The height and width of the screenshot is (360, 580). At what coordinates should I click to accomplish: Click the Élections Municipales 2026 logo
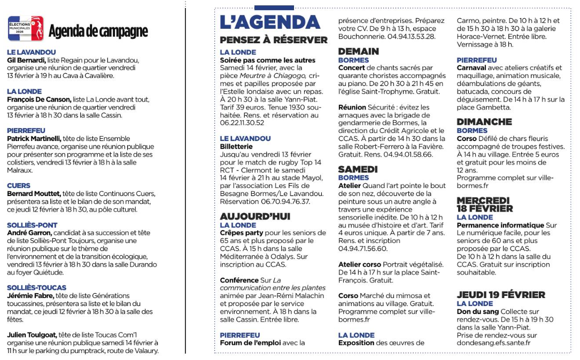26,29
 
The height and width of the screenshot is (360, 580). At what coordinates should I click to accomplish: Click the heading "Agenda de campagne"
98,32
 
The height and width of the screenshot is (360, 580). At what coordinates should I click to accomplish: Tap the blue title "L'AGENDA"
269,22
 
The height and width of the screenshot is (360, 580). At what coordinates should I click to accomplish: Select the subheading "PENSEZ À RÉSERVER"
274,40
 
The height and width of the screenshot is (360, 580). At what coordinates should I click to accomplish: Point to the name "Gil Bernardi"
26,60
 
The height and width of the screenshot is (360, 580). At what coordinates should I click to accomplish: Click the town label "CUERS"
19,186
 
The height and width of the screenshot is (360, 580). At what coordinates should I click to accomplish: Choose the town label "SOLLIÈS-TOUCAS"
37,288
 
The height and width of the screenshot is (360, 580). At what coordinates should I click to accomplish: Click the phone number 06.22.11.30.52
242,123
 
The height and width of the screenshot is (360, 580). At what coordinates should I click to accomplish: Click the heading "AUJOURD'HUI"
255,216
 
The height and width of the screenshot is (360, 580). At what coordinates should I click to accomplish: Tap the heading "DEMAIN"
358,51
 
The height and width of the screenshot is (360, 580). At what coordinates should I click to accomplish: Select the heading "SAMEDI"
358,169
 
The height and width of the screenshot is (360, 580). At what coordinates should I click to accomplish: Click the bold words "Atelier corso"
359,264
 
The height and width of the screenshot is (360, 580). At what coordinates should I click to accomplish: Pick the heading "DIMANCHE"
484,122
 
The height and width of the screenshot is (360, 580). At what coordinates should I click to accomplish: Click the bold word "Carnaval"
472,68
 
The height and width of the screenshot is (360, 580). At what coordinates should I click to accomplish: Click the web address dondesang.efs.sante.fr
493,343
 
